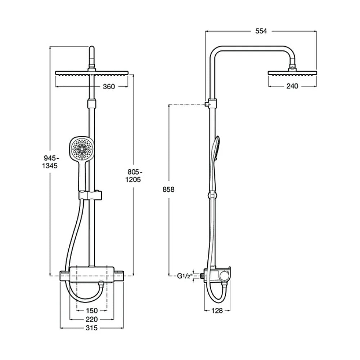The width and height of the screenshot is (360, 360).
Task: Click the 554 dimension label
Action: [261, 31]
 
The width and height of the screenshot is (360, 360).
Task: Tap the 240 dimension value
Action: [292, 86]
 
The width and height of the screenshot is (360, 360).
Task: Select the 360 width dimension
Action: [109, 86]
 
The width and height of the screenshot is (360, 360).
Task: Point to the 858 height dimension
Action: [168, 189]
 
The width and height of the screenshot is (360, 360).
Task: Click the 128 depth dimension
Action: [217, 311]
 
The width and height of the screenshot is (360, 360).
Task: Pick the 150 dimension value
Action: [91, 311]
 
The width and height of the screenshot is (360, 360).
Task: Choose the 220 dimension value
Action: [91, 319]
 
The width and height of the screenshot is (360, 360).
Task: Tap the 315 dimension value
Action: [91, 328]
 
